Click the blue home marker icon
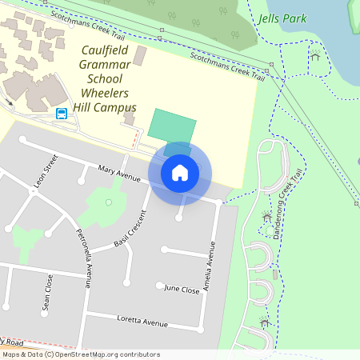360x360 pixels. tap(180, 173)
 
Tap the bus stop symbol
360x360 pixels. tap(62, 114)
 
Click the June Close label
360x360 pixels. tap(182, 290)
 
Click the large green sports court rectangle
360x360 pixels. tap(172, 126)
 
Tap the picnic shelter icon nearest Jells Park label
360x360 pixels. tap(315, 55)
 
